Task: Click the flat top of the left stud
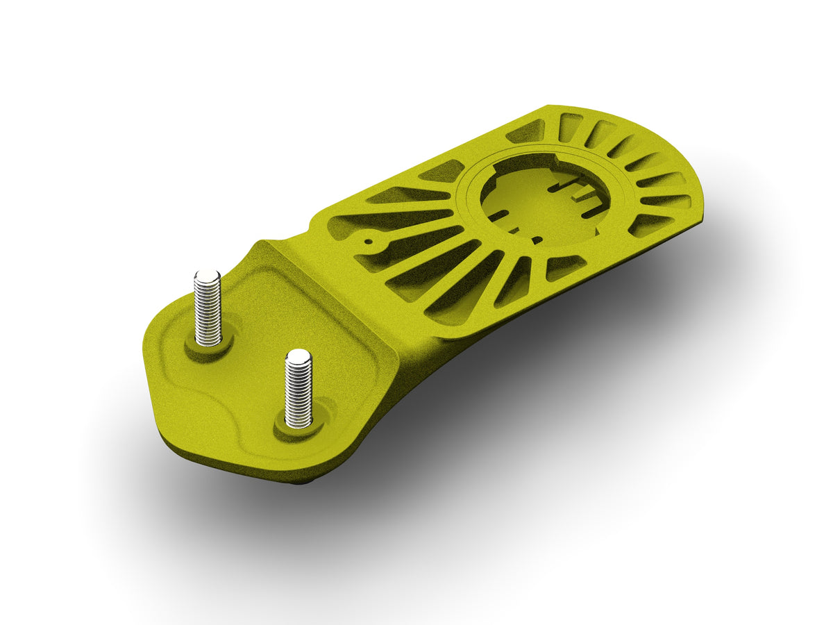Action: [208, 276]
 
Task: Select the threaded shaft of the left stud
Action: [208, 312]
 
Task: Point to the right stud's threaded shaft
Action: [298, 392]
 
